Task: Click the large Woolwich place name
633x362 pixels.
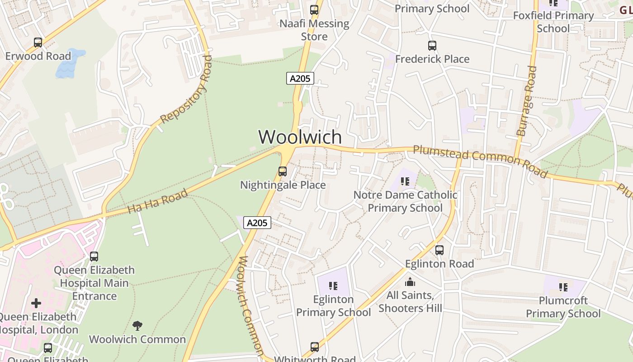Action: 300,137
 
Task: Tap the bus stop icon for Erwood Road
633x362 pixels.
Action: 38,43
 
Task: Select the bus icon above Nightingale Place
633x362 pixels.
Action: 283,171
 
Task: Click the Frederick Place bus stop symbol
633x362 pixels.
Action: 432,46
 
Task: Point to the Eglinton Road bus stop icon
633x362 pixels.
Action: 439,250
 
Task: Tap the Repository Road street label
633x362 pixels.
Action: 186,89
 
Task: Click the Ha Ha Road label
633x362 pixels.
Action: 157,201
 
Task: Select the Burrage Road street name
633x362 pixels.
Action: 527,101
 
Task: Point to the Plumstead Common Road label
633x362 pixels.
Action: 480,160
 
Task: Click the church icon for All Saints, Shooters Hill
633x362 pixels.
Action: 410,282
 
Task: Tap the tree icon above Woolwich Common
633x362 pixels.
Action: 137,325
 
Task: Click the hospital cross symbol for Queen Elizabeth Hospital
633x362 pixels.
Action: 36,303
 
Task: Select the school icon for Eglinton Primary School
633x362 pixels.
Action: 333,286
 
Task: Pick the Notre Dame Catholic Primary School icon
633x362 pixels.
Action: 405,181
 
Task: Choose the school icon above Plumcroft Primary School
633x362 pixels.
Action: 563,287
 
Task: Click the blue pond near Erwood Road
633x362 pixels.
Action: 69,63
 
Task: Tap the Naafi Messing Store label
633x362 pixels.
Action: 314,30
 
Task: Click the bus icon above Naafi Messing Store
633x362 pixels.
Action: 314,10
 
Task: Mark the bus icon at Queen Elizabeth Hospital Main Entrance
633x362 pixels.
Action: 94,257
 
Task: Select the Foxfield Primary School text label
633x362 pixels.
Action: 553,22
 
